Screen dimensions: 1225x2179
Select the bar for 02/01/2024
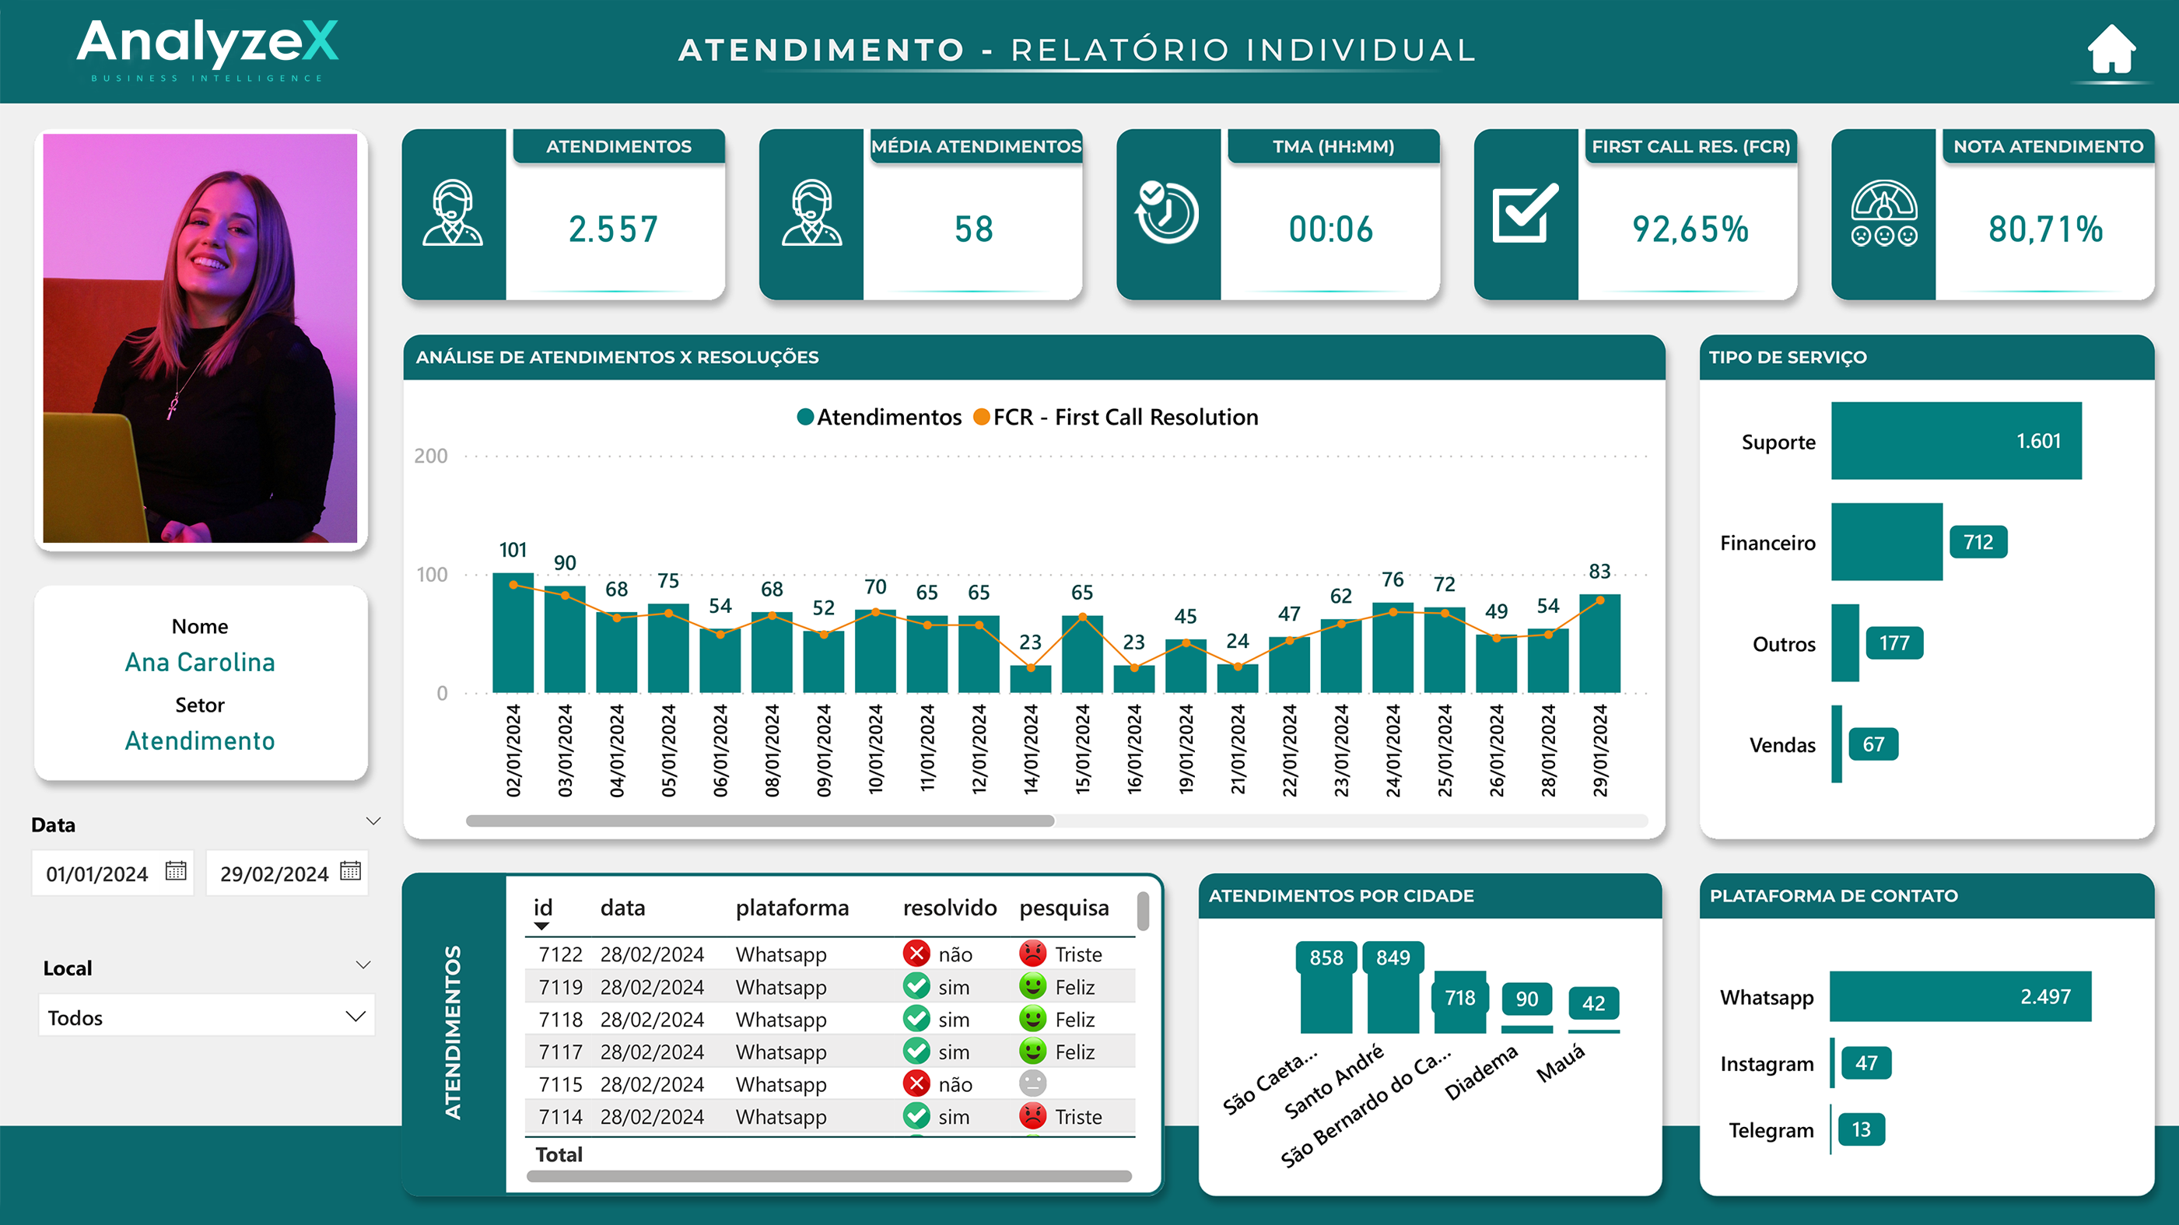pyautogui.click(x=513, y=635)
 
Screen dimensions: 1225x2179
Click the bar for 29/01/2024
pyautogui.click(x=1599, y=645)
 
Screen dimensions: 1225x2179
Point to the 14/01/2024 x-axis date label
pyautogui.click(x=1030, y=751)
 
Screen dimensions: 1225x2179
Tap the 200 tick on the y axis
pyautogui.click(x=430, y=456)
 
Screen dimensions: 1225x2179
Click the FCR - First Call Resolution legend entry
pyautogui.click(x=1116, y=417)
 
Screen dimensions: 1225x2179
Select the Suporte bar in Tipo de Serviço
pyautogui.click(x=1956, y=441)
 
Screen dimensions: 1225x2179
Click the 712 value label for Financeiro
pyautogui.click(x=1978, y=542)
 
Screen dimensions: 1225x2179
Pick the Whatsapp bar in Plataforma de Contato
pyautogui.click(x=1960, y=996)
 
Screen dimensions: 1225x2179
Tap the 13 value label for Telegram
pyautogui.click(x=1861, y=1129)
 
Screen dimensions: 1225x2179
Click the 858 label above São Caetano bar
pyautogui.click(x=1326, y=957)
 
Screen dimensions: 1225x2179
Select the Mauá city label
pyautogui.click(x=1561, y=1063)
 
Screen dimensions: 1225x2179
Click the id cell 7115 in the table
pyautogui.click(x=560, y=1084)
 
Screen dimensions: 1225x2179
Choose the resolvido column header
pyautogui.click(x=949, y=908)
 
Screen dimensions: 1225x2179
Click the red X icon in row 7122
pyautogui.click(x=916, y=954)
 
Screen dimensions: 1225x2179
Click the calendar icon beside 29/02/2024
pyautogui.click(x=350, y=871)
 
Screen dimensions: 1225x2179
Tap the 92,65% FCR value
pyautogui.click(x=1689, y=229)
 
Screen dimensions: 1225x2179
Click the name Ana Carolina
pyautogui.click(x=200, y=663)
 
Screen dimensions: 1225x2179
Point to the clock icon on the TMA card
pyautogui.click(x=1168, y=212)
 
